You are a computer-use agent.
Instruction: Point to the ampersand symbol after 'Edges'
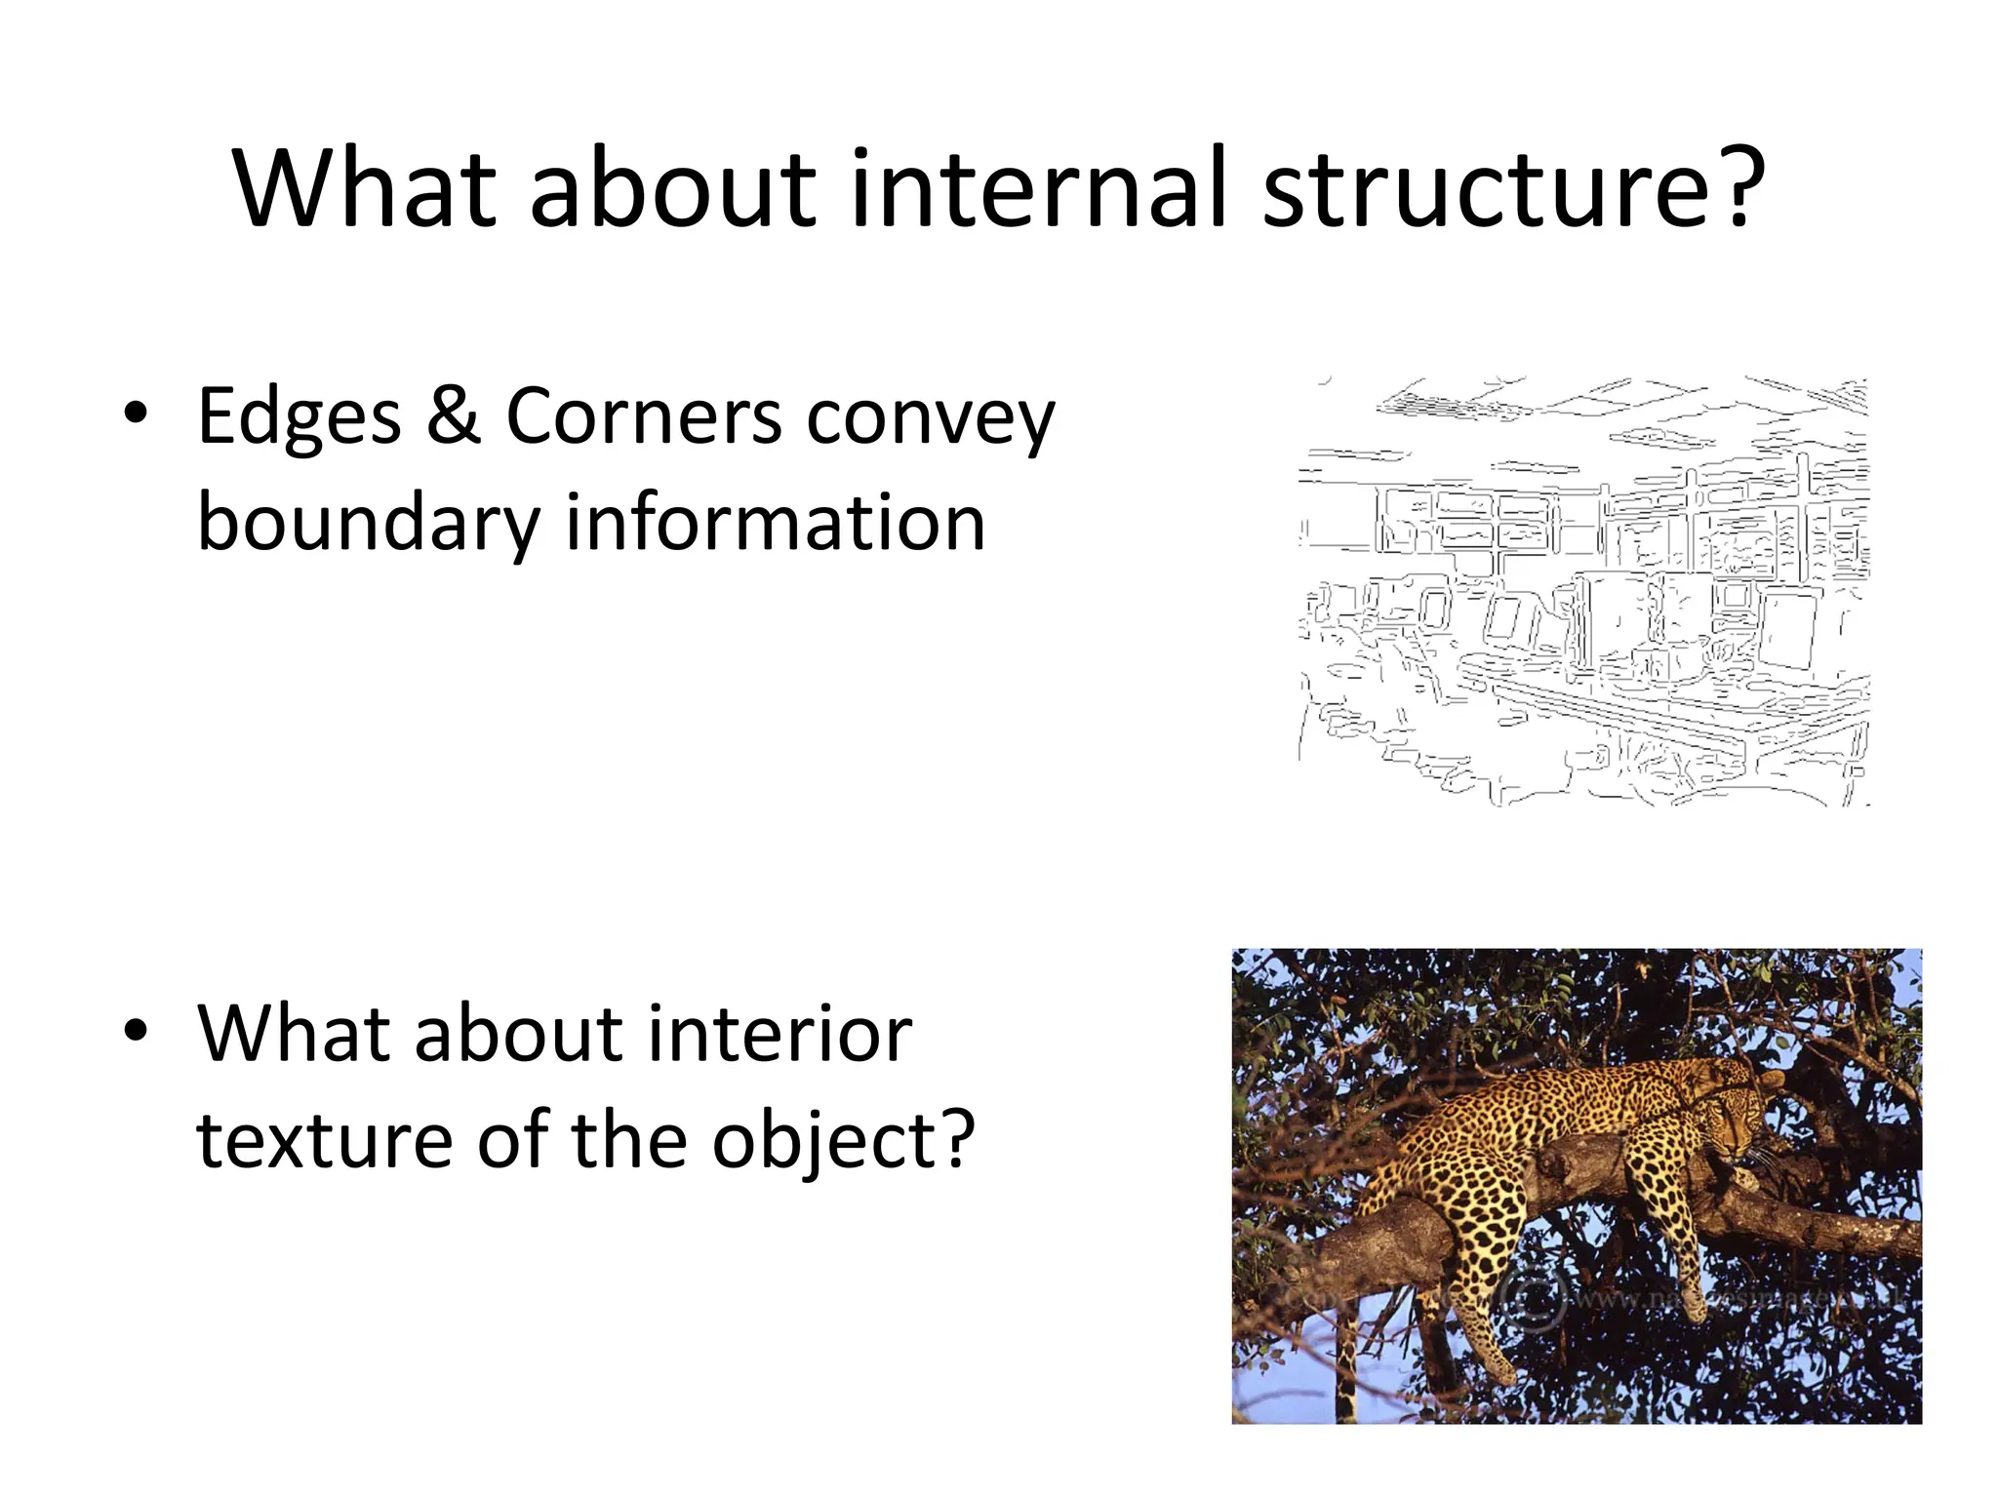pos(454,417)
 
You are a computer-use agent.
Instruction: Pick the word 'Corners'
pos(644,417)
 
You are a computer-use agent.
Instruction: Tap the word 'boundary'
pos(368,524)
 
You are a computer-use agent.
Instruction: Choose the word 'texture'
pos(324,1141)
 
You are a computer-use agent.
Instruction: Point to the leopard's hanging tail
pos(1346,1365)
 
